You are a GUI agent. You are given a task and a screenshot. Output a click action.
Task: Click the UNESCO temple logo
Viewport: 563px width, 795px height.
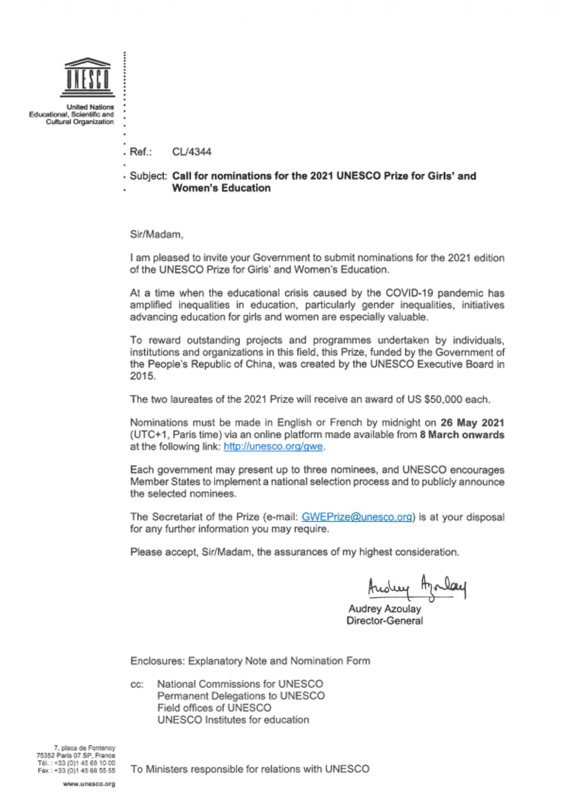click(x=87, y=77)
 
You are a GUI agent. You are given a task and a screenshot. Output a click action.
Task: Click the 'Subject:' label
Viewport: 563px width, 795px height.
click(x=148, y=176)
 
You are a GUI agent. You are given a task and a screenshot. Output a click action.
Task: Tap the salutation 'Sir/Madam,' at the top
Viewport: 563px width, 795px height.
click(x=157, y=235)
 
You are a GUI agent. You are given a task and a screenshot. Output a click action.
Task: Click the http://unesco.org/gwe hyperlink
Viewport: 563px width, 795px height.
click(x=273, y=447)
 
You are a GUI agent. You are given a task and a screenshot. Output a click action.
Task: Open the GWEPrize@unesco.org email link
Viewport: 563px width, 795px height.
click(x=357, y=517)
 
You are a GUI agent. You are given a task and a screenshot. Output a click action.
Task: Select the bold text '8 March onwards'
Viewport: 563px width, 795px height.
click(x=462, y=435)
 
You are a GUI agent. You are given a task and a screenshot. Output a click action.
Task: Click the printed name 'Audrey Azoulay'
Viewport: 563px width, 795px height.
click(x=385, y=609)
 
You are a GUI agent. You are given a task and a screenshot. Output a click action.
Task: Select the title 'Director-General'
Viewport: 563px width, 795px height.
click(x=385, y=621)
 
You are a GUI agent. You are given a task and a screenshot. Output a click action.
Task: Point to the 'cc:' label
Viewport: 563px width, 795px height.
click(x=137, y=685)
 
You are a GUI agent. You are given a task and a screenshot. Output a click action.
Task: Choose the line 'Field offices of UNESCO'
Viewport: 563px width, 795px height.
click(x=214, y=708)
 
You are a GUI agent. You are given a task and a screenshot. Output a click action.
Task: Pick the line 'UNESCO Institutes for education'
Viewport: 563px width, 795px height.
click(x=233, y=720)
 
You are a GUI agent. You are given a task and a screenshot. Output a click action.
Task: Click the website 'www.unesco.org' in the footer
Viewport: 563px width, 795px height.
click(x=89, y=784)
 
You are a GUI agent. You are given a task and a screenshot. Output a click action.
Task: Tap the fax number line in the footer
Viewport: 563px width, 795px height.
click(x=77, y=771)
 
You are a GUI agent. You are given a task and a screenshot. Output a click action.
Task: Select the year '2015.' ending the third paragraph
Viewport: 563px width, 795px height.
click(x=142, y=376)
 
